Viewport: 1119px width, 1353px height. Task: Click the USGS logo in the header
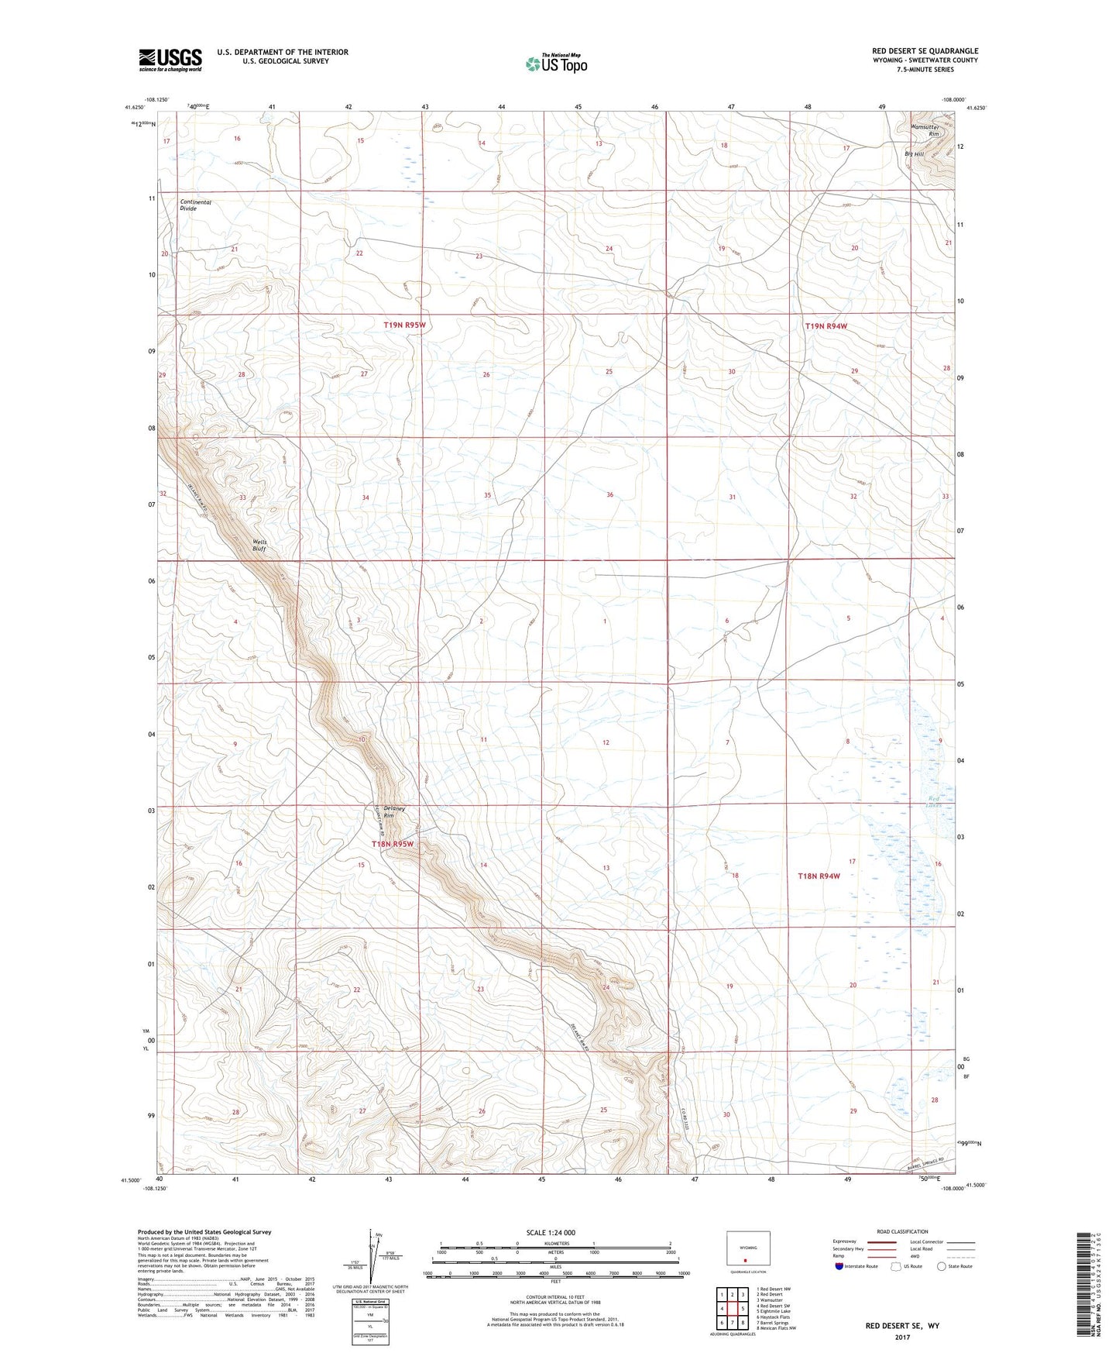pos(170,60)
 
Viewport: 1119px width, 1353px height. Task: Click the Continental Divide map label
pos(195,205)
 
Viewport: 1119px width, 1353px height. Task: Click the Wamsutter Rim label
pos(924,130)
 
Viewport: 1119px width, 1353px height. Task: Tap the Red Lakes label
pos(935,802)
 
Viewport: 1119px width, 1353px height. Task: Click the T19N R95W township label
pos(404,325)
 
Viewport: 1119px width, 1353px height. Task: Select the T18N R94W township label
pos(819,876)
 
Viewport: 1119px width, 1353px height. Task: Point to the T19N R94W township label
pos(826,326)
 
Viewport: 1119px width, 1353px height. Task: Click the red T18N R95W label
pos(393,844)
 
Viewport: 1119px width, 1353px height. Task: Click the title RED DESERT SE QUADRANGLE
pos(925,50)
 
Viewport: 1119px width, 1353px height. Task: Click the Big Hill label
pos(914,154)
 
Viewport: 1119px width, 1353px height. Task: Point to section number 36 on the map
pos(610,494)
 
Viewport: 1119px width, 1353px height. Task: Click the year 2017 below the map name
pos(902,1338)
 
